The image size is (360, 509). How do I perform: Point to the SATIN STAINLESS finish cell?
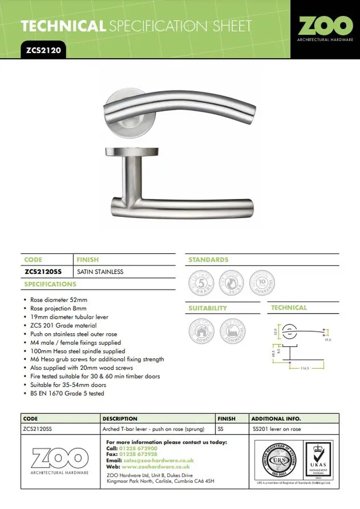100,271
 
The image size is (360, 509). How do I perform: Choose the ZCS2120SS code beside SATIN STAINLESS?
46,271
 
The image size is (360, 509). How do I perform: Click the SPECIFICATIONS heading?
50,284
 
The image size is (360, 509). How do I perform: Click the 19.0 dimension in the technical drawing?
328,340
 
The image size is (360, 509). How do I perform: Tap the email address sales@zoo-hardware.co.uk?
158,461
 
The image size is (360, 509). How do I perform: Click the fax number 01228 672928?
139,455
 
